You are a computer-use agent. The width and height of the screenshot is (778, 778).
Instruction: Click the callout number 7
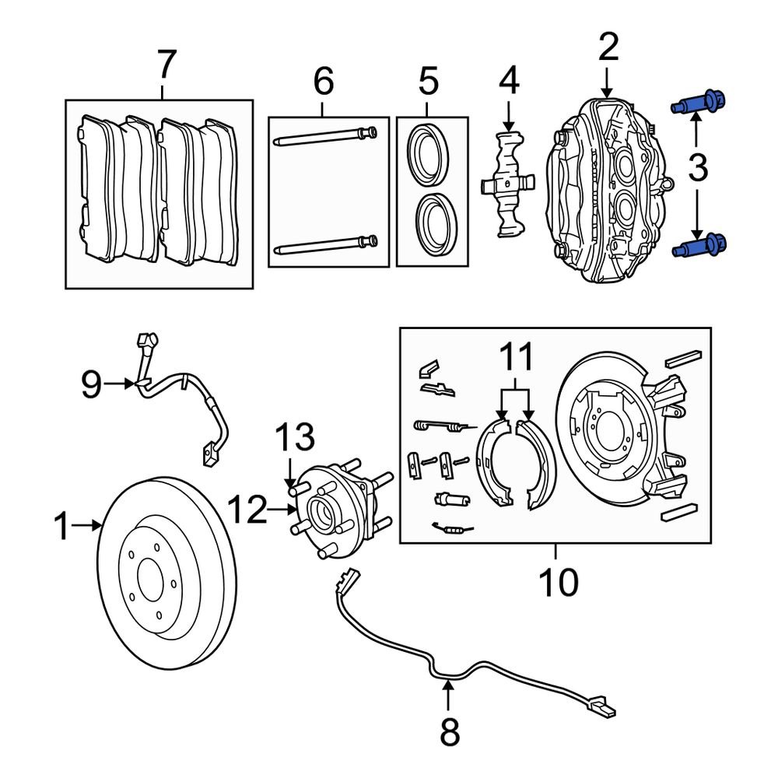[x=166, y=65]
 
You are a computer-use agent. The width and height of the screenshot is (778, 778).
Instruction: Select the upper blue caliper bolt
[x=699, y=103]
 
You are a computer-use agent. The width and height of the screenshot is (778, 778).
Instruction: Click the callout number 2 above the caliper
[x=608, y=48]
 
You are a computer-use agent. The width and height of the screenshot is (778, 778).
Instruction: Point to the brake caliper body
[x=607, y=194]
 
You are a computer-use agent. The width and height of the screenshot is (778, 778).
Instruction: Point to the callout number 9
[x=92, y=384]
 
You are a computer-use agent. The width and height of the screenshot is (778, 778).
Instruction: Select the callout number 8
[x=450, y=731]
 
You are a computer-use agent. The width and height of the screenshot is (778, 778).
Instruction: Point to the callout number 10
[x=557, y=581]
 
